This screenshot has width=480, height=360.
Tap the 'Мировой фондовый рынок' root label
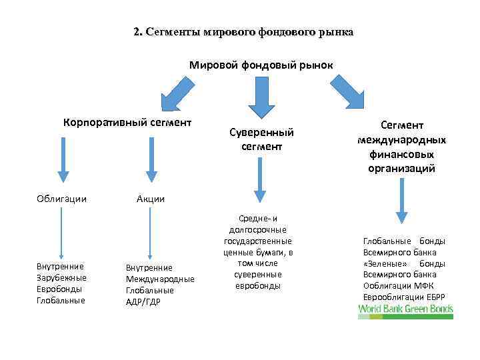261,65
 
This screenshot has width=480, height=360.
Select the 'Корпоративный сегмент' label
127,122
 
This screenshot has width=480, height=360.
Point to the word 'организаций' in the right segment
401,168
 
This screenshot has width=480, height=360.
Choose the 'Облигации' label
61,199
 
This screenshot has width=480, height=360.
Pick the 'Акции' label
150,199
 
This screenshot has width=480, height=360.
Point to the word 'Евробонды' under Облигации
61,289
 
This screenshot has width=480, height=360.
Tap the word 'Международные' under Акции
160,279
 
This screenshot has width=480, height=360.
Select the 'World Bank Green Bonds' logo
405,310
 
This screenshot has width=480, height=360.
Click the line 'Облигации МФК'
398,285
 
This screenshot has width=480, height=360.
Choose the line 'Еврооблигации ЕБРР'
403,297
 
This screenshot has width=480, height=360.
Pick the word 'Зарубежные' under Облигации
61,277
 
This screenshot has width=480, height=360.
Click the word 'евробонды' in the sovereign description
258,285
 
